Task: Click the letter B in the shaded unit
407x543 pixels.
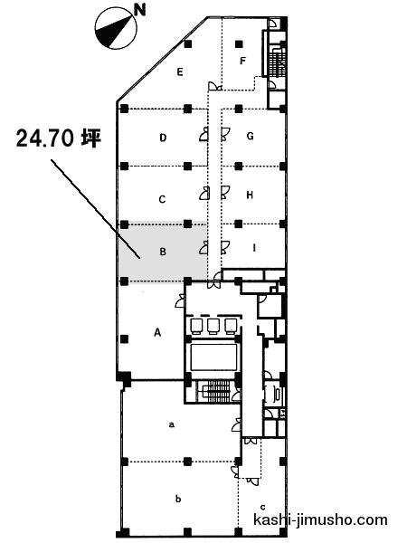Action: tap(163, 252)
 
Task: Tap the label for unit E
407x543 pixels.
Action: tap(180, 72)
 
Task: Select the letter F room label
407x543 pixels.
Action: tap(243, 61)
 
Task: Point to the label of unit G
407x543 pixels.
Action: tap(251, 136)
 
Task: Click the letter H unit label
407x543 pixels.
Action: tap(250, 195)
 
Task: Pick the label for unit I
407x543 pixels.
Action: tap(254, 248)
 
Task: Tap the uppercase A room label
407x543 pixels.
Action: tap(157, 332)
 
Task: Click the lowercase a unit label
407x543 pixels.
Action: tap(171, 424)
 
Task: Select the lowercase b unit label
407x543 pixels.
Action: tap(178, 499)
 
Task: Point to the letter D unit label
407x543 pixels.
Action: tap(163, 138)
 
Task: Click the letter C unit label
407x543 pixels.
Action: tap(162, 199)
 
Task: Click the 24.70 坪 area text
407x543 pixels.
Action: tap(59, 138)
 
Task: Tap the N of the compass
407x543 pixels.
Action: tap(140, 10)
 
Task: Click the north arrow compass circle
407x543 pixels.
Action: tap(115, 29)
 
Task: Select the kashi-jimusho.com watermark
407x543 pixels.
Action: tap(320, 519)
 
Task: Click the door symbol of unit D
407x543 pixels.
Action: tap(203, 134)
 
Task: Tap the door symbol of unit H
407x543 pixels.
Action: tap(225, 193)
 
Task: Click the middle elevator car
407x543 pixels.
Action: tap(213, 326)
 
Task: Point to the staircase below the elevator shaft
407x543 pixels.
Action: tap(216, 391)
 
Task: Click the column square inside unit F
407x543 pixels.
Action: tap(239, 44)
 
